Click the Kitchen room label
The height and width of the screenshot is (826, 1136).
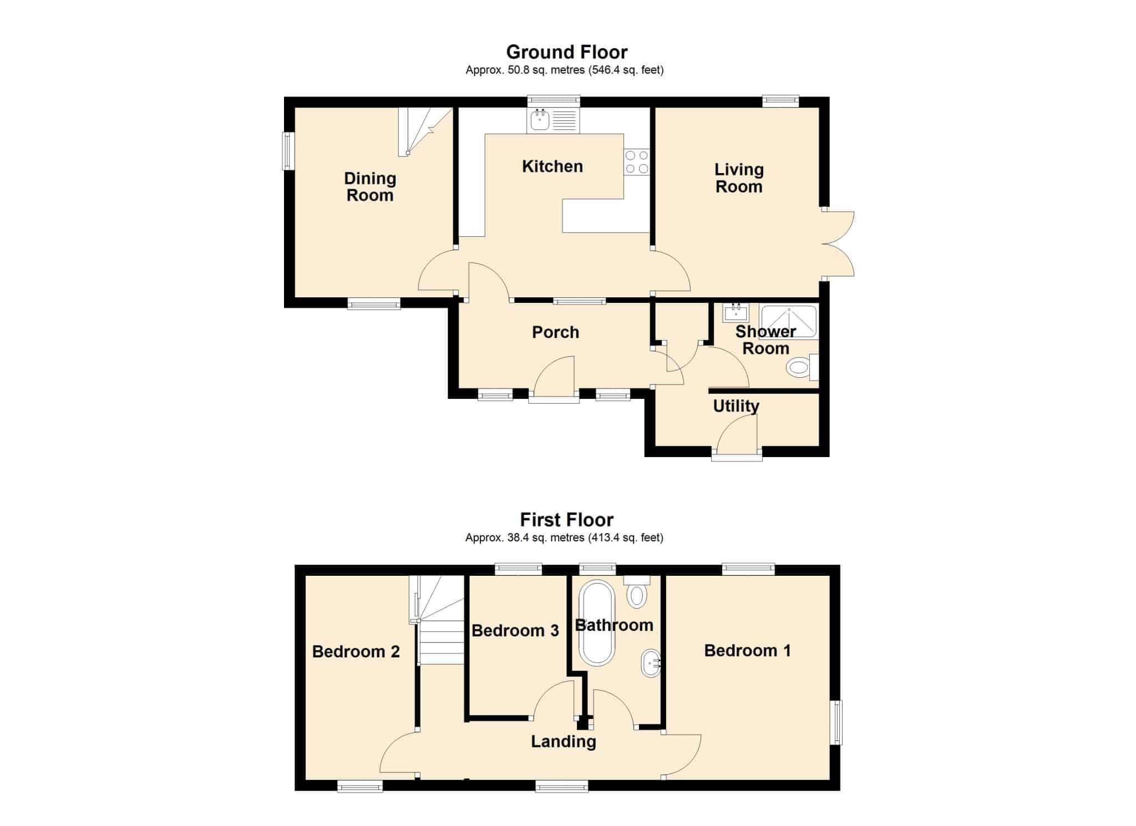[552, 166]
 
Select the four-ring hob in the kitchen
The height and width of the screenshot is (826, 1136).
[637, 162]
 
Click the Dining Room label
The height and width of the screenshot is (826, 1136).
[370, 187]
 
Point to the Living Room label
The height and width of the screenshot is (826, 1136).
[739, 178]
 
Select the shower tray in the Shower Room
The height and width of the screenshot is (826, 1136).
[789, 321]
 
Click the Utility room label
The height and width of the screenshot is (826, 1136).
[736, 407]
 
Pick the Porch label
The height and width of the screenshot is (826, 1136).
[555, 332]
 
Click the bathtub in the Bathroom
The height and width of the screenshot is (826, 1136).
[597, 622]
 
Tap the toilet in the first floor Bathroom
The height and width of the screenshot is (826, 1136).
[637, 592]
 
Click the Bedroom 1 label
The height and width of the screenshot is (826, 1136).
[747, 651]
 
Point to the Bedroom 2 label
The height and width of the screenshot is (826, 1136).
[356, 651]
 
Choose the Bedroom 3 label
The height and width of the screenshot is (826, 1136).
[515, 631]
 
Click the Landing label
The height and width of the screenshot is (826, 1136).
[564, 742]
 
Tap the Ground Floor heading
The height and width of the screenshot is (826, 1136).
[567, 52]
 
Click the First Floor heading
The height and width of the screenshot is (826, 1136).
[567, 520]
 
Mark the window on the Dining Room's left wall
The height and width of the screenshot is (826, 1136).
[288, 151]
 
